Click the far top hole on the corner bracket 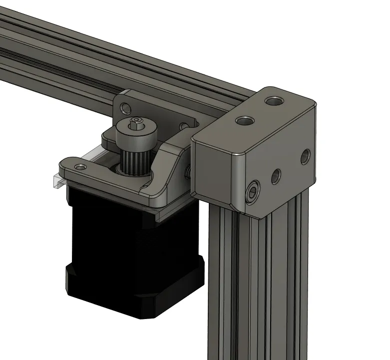pos(274,100)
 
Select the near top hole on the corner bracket pos(244,120)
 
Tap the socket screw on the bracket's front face pos(254,191)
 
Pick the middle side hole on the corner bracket pos(276,175)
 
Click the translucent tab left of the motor pos(58,180)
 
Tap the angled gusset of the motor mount pos(170,170)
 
